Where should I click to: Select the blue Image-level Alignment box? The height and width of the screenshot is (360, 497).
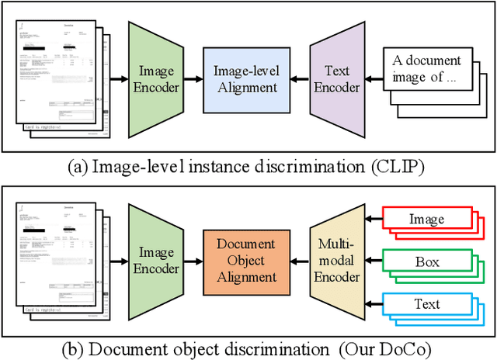[x=245, y=79]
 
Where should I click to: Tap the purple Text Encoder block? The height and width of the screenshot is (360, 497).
[x=336, y=79]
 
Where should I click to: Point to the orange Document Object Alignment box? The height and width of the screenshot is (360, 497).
[x=245, y=261]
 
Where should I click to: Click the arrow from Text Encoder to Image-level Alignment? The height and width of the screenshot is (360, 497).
[x=298, y=79]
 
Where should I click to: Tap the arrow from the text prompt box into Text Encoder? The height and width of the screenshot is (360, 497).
[x=375, y=79]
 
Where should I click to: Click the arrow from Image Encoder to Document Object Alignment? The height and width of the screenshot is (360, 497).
[x=192, y=261]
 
